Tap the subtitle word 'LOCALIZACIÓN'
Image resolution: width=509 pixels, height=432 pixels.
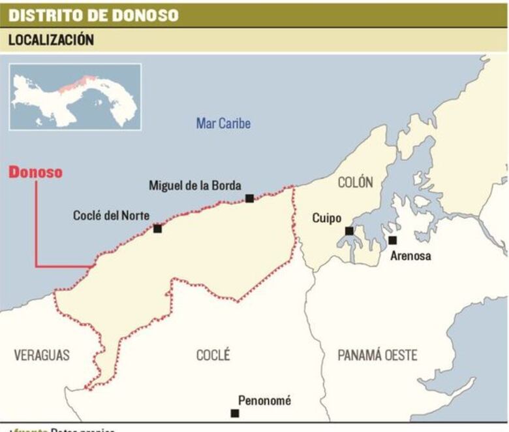point(51,40)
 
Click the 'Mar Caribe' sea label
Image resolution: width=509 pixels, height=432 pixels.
point(223,123)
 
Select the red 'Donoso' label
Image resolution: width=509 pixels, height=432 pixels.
point(36,173)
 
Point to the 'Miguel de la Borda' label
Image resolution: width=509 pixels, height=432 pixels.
point(194,185)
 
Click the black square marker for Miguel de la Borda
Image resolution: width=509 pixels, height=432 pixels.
point(249,198)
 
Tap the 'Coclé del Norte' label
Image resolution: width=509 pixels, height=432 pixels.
point(111,215)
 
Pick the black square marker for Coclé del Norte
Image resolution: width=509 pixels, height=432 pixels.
point(157,228)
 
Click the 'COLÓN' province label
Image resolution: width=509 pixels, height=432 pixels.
point(355,182)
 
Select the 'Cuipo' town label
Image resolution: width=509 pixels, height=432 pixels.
point(326,218)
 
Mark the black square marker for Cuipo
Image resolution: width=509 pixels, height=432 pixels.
point(349,231)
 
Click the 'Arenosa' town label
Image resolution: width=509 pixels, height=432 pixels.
point(410,256)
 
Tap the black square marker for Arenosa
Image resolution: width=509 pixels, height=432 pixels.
point(392,240)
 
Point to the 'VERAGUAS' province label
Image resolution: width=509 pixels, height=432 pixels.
point(42,355)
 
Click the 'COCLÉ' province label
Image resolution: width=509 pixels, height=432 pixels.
point(213,355)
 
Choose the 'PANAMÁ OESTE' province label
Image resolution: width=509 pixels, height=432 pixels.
point(377,355)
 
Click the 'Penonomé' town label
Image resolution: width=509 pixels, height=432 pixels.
point(264,401)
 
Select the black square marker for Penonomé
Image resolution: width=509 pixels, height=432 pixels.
point(235,413)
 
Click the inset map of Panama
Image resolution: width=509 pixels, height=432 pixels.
point(75,97)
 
